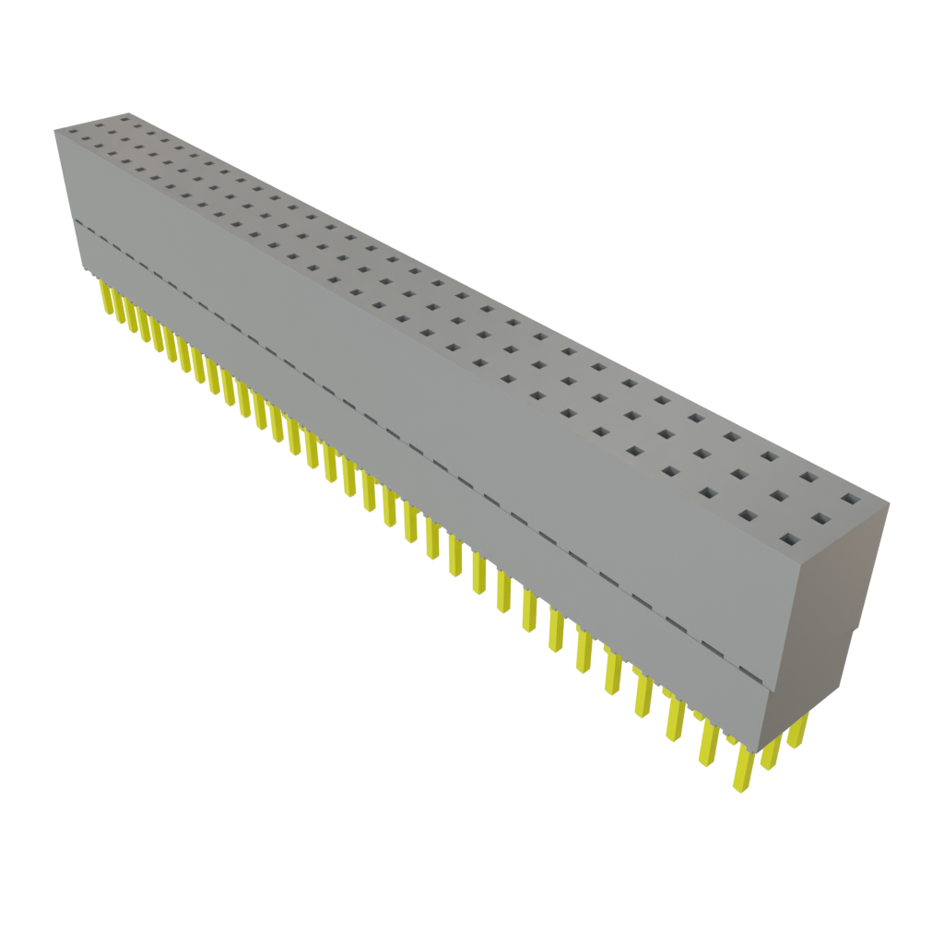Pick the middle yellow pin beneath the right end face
770,751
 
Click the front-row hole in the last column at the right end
788,539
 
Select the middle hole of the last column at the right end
819,519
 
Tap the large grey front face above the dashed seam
415,369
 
